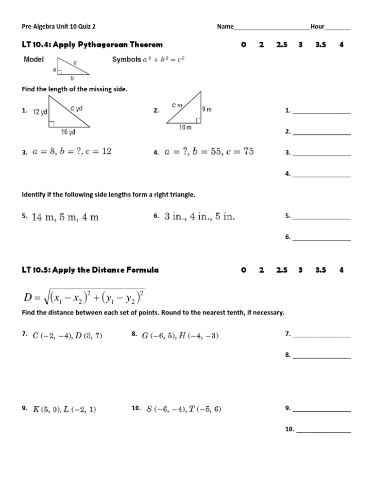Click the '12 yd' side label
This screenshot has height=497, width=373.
[x=40, y=112]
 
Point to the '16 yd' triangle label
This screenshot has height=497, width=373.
[x=68, y=132]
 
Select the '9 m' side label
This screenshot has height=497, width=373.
[x=207, y=109]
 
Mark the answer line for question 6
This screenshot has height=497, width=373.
[x=321, y=239]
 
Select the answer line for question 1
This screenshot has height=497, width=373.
[x=321, y=113]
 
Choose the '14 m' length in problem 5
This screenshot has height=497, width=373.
[x=43, y=217]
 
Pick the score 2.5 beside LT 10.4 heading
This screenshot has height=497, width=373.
[x=282, y=45]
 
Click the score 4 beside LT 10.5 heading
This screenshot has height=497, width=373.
[x=341, y=270]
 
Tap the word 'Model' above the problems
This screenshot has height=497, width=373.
[x=34, y=60]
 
